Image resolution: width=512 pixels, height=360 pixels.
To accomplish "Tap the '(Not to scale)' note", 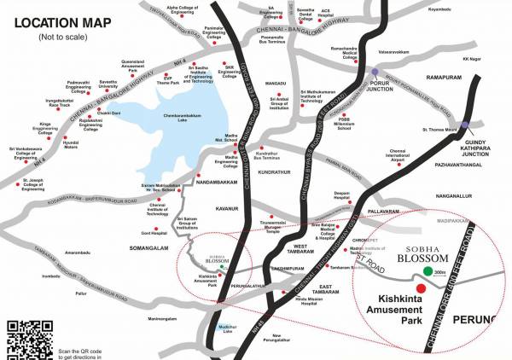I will [x=49, y=38].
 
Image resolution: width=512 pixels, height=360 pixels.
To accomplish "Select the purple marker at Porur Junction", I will [x=374, y=73].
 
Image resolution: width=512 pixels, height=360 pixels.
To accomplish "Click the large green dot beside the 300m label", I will [x=427, y=273].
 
